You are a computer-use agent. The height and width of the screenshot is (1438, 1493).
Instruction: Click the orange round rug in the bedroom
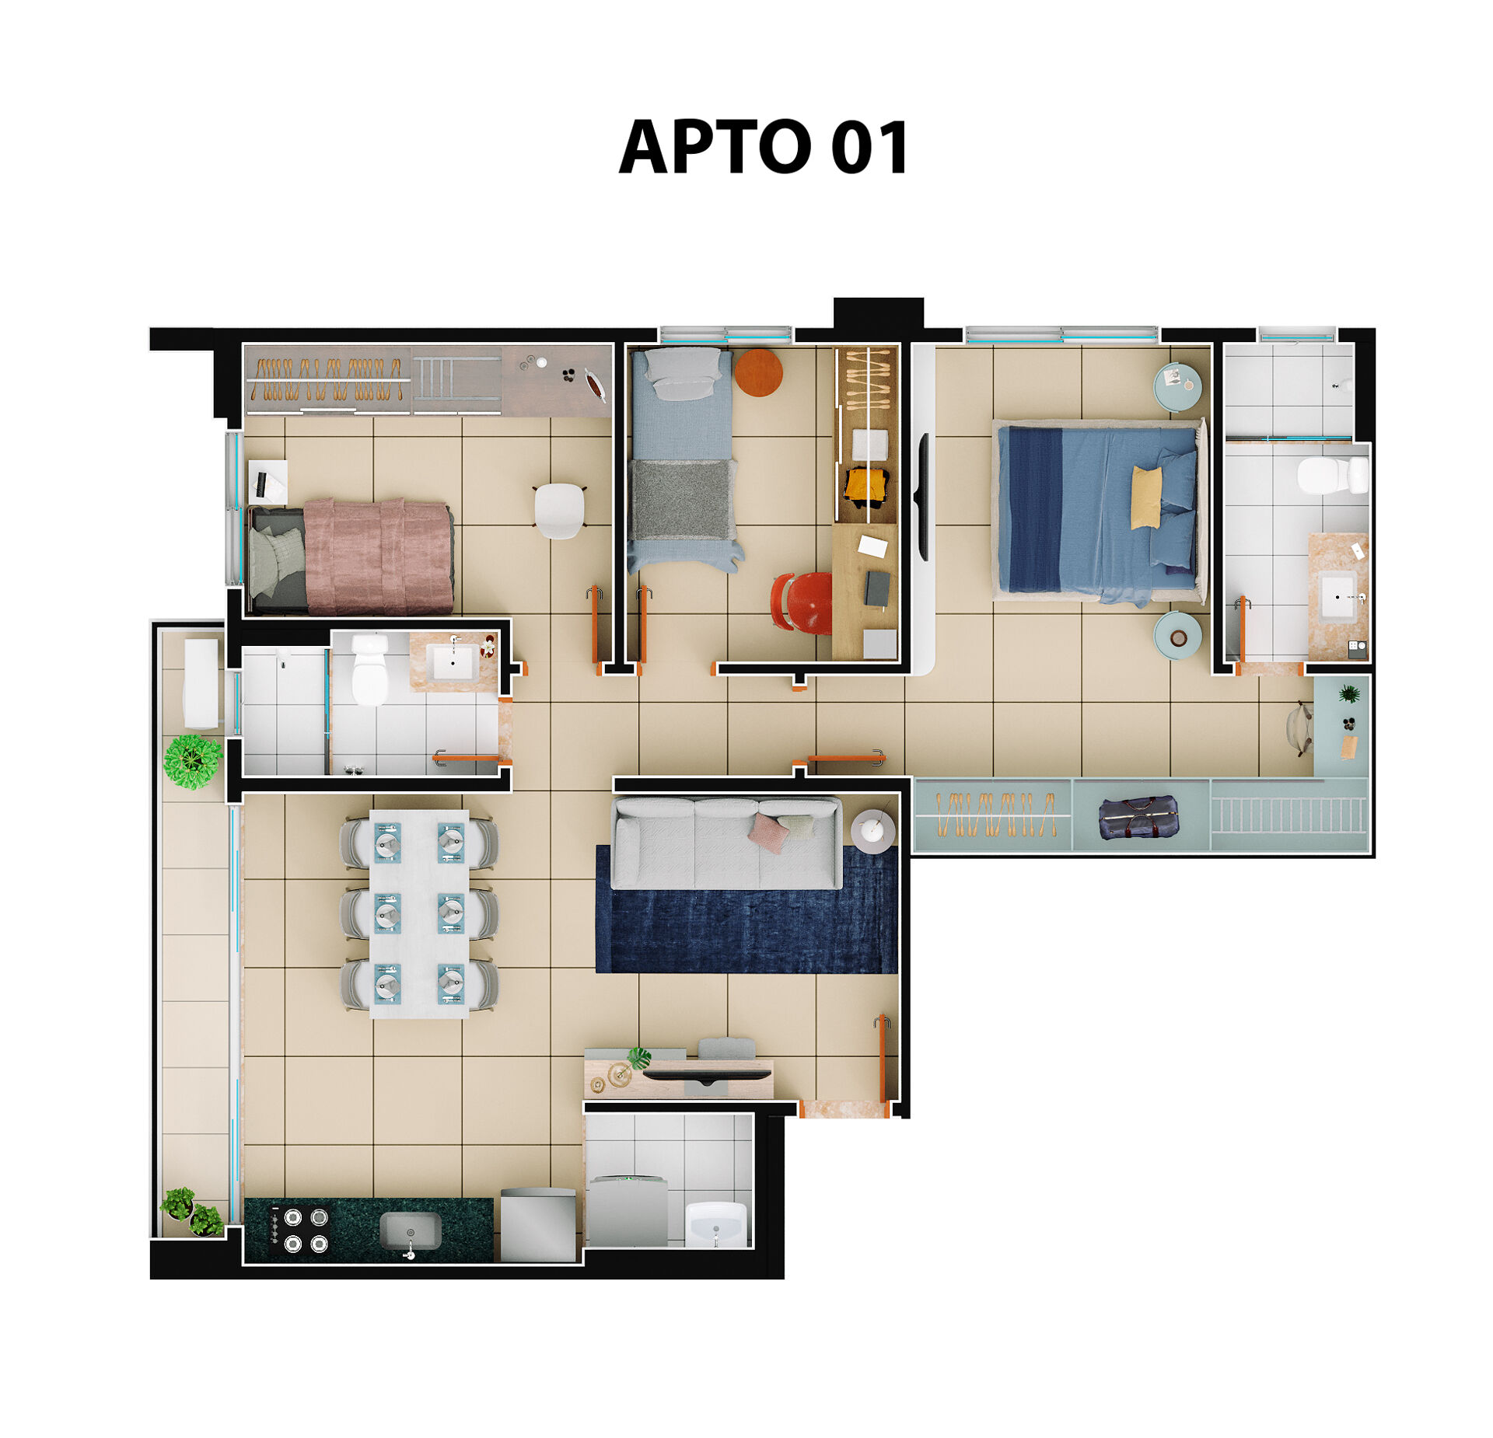[x=758, y=372]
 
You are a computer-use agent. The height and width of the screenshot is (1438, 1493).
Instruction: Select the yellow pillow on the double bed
[x=1146, y=497]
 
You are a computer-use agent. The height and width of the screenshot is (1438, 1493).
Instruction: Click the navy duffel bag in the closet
[x=1138, y=818]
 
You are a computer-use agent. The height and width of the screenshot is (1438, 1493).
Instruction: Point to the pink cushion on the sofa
[x=768, y=832]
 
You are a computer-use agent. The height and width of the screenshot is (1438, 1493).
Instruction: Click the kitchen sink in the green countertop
[x=410, y=1233]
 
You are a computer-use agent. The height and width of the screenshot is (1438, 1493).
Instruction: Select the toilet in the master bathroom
[x=1332, y=475]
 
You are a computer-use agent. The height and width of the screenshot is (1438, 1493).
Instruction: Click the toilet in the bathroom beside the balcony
[x=369, y=669]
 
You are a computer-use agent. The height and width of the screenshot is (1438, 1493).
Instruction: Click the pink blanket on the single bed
[x=378, y=557]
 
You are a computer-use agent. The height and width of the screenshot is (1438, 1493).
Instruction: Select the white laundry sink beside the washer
[x=716, y=1224]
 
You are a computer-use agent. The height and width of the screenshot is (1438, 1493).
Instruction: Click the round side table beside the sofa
[x=872, y=831]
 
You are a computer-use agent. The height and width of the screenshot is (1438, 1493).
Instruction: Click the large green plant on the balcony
[x=193, y=761]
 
